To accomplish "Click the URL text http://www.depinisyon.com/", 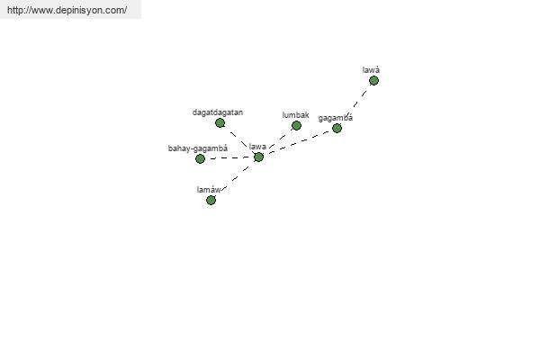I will click(67, 10).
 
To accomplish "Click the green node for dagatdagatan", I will click(220, 123).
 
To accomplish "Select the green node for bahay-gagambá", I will click(200, 158).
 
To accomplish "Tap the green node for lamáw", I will click(211, 200).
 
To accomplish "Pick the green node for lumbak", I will click(296, 126).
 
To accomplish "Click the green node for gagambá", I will click(337, 128).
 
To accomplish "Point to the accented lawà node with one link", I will click(373, 80).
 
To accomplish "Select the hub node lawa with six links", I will click(258, 157).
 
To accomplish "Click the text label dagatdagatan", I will click(218, 112).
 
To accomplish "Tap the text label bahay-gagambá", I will click(198, 148).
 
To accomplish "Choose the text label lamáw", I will click(208, 189).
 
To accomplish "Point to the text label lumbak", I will click(295, 115).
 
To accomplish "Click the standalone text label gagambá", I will click(336, 117).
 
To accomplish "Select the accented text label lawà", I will click(372, 69).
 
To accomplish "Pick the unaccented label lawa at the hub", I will click(257, 146).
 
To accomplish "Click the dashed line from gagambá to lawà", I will click(356, 103).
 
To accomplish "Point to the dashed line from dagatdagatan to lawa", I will click(238, 139).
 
